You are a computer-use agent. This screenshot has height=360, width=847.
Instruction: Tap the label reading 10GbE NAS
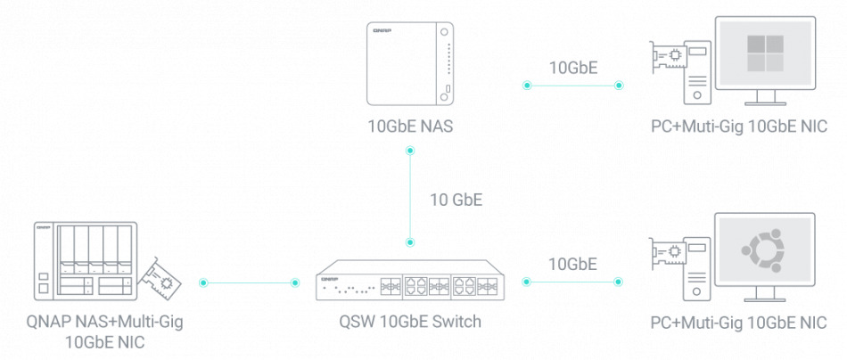coord(410,127)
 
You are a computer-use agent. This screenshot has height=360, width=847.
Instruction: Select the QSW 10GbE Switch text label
coord(410,323)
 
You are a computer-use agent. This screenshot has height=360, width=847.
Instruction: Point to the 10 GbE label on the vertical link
coord(456,200)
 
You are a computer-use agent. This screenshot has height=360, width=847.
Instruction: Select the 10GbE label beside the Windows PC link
coord(572,67)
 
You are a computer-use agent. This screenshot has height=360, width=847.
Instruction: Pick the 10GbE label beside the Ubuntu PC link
coord(572,263)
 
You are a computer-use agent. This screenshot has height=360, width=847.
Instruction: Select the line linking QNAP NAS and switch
coord(250,282)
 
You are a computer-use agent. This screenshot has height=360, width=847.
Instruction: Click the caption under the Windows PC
coord(739,127)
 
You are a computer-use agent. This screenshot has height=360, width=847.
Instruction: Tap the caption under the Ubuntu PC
coord(739,323)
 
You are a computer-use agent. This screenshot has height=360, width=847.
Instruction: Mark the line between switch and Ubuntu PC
coord(572,282)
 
